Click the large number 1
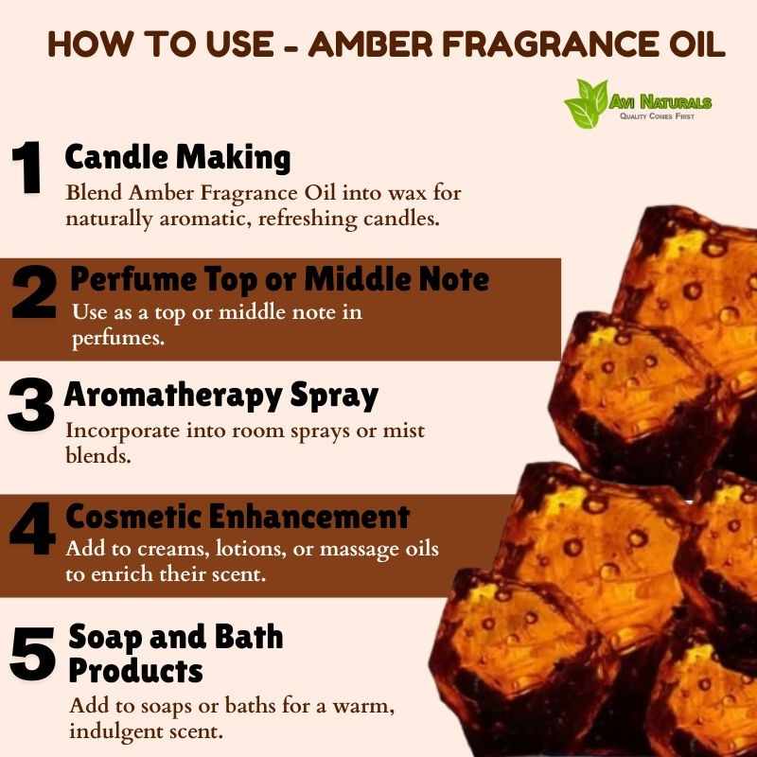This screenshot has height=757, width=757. [x=27, y=167]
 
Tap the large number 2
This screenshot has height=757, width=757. [x=34, y=291]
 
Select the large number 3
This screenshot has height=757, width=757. [x=31, y=405]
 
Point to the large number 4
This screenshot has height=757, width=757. [x=33, y=528]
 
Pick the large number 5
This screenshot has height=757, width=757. [x=32, y=654]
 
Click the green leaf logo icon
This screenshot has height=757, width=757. [x=586, y=104]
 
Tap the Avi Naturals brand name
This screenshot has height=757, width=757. [x=660, y=102]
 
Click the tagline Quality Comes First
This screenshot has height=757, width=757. [x=657, y=116]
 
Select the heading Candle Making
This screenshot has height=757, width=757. [x=178, y=158]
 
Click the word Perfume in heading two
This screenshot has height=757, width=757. [x=133, y=280]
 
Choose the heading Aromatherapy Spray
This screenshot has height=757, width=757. [x=221, y=396]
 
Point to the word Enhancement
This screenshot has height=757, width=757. [x=309, y=517]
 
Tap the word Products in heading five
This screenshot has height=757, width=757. [x=135, y=671]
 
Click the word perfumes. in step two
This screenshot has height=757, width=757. [x=118, y=339]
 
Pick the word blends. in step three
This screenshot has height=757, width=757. [x=98, y=455]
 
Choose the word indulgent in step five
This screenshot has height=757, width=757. [x=115, y=731]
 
